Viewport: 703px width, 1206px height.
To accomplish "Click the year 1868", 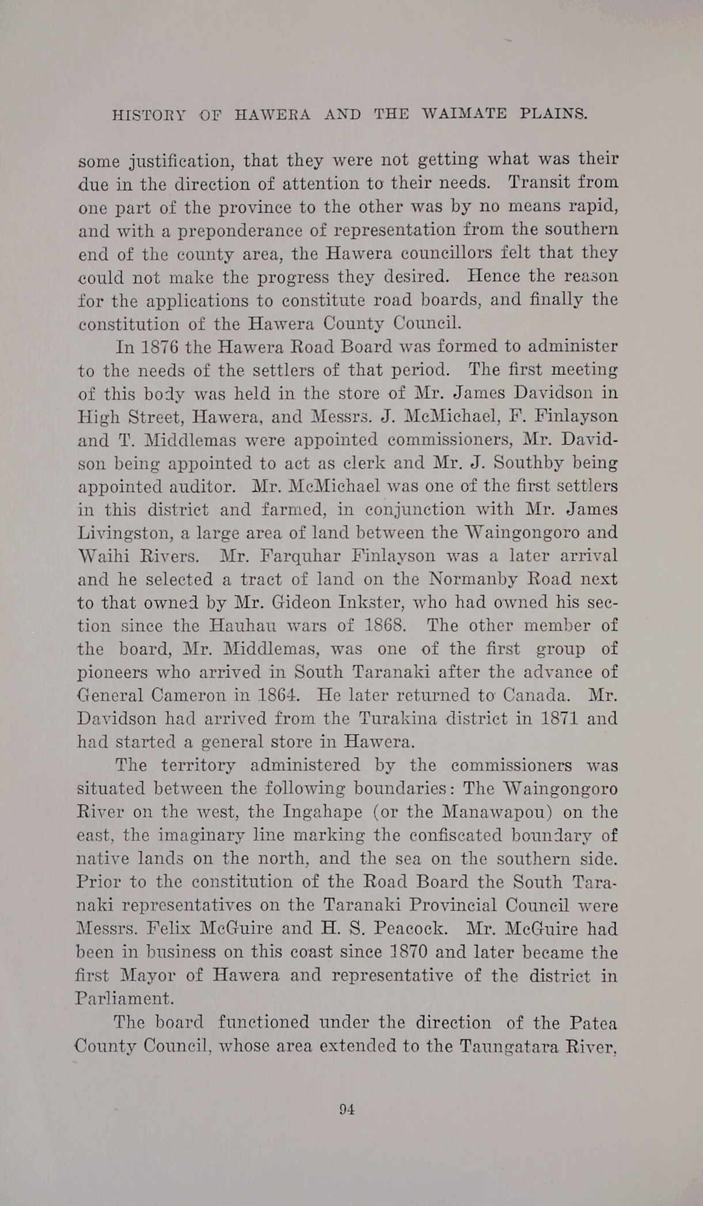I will pos(386,625).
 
